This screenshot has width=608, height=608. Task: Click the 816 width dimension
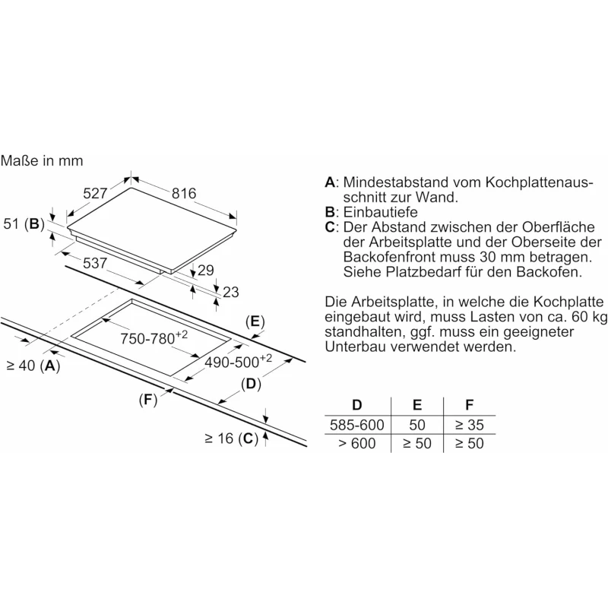184,193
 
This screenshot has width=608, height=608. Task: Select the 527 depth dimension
95,193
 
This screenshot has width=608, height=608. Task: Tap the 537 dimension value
95,263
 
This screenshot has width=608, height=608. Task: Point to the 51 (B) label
24,223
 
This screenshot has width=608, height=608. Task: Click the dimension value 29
206,270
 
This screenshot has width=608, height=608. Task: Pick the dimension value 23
231,292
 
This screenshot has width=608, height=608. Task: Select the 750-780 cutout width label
154,337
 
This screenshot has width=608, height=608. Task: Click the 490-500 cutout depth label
238,362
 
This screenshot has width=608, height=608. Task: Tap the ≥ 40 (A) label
33,366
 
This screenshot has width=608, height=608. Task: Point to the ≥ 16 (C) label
232,439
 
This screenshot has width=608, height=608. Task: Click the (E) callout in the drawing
255,321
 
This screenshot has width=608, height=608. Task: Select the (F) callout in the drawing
148,400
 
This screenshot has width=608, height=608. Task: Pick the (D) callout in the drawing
251,384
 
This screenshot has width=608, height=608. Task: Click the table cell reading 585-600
356,425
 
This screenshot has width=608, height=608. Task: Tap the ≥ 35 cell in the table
469,425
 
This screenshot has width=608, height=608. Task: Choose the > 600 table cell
356,443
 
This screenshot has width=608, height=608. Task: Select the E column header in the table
416,405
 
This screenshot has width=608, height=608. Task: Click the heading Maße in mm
42,160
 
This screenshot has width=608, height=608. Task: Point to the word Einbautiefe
381,212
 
